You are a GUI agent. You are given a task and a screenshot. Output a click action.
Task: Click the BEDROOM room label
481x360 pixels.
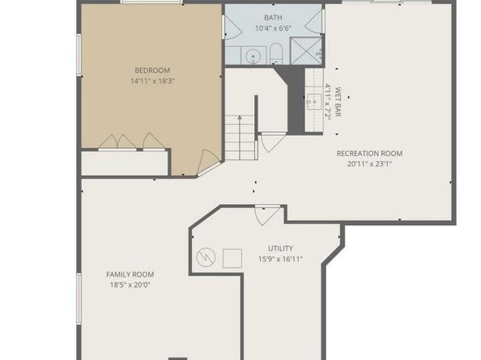[x=152, y=70]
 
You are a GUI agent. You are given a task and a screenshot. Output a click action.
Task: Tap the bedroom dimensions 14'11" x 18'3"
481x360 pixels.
[x=152, y=81]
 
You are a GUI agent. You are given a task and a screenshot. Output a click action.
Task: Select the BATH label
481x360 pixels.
[x=273, y=18]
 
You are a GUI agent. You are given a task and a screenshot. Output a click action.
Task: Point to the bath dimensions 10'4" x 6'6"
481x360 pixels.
[x=273, y=28]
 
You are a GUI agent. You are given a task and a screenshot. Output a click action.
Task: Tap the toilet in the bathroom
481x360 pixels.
[x=276, y=53]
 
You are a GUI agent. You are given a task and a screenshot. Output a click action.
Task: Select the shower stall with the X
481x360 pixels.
[x=306, y=51]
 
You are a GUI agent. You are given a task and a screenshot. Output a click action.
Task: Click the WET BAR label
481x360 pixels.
[x=338, y=102]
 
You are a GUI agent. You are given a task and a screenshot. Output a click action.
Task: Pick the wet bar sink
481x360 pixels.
[x=314, y=101]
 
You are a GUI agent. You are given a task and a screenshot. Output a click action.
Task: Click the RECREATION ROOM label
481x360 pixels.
[x=369, y=154]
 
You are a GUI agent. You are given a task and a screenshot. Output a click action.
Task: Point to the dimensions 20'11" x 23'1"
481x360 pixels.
[x=369, y=164]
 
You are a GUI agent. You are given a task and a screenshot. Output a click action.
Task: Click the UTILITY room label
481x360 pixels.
[x=280, y=248]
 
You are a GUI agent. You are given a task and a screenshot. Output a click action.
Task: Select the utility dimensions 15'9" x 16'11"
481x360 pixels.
[x=280, y=259]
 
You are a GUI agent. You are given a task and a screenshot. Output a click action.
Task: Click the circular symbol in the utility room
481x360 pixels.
[x=206, y=256]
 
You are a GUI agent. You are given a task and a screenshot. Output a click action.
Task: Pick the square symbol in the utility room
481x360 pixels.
[x=232, y=258]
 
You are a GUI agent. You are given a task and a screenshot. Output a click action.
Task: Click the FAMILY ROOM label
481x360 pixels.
[x=130, y=274]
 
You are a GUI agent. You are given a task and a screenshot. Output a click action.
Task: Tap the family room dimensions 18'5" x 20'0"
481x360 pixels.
[x=130, y=285]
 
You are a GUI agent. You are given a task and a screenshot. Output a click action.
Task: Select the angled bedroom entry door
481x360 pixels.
[x=208, y=163]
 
